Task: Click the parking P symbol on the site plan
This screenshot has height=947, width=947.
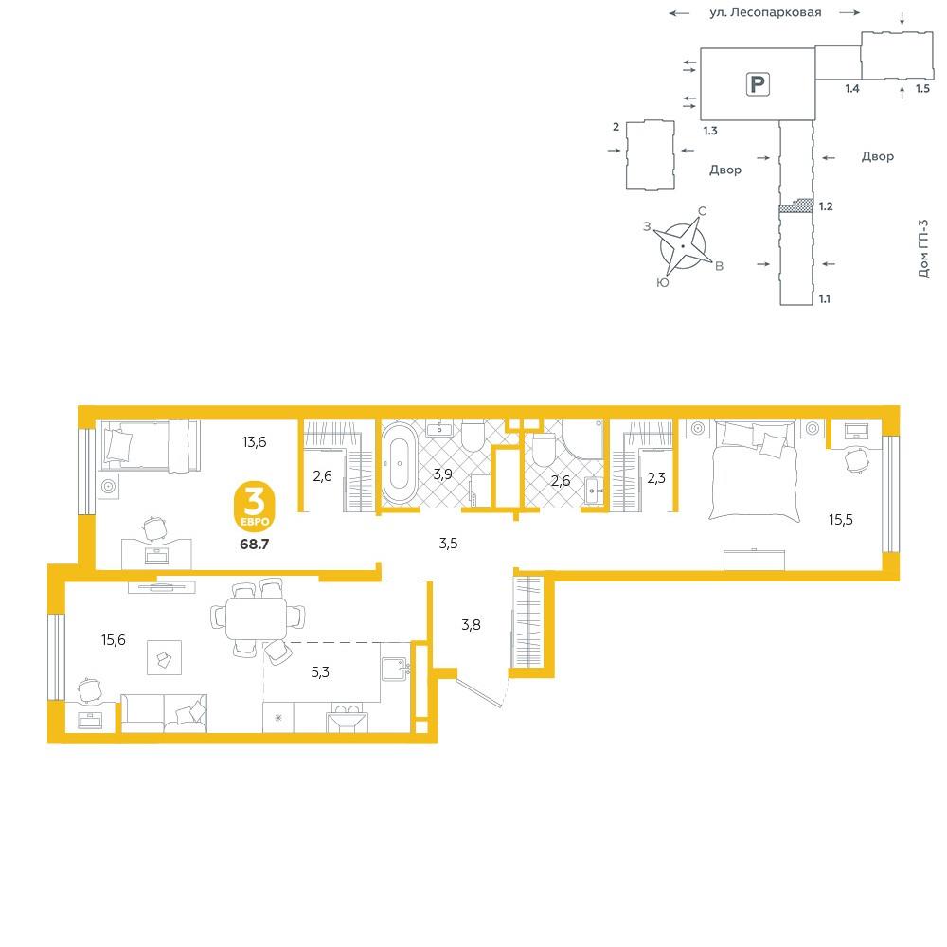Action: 758,84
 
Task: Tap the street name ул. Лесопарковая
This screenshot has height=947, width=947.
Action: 765,12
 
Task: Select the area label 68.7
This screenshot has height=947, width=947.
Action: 254,545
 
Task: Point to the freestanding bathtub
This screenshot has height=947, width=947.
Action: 400,463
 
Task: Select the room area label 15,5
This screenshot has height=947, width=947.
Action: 841,519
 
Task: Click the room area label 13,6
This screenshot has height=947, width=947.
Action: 254,442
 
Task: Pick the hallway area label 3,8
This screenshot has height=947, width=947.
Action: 471,624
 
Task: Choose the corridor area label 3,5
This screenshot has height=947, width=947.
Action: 448,544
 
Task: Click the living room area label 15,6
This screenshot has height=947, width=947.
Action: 114,639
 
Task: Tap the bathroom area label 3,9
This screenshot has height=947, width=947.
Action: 442,474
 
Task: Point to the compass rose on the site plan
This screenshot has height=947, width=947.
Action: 684,246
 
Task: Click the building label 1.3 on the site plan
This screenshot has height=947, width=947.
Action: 710,131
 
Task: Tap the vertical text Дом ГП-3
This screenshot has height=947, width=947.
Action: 923,249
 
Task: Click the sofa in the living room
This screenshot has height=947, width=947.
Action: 164,713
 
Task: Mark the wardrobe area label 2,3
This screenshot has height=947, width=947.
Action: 656,478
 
